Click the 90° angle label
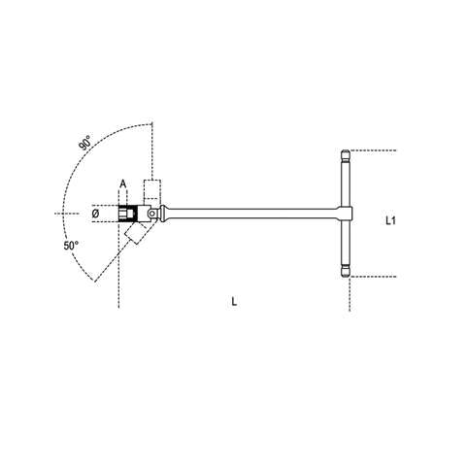(88, 143)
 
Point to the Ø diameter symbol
(95, 214)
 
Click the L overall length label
(234, 302)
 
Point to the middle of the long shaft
(252, 214)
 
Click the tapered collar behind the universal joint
(172, 214)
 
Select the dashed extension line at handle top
(374, 150)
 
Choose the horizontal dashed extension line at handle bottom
(374, 278)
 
